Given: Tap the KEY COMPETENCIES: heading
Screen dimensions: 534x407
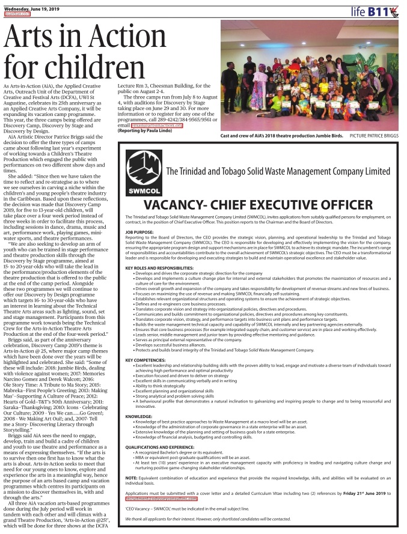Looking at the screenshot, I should point(146,360).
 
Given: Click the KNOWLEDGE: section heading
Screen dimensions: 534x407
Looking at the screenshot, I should point(139,416).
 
